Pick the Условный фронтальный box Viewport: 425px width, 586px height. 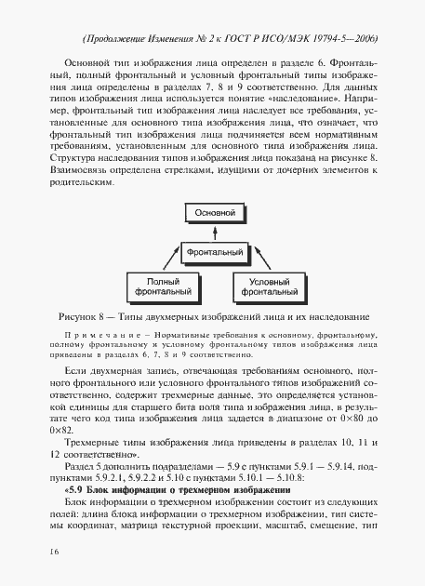269,286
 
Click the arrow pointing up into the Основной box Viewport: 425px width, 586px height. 212,233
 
